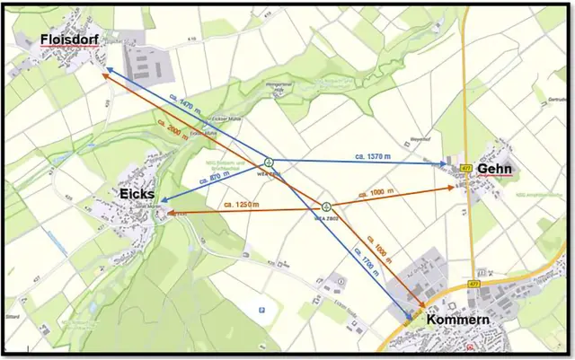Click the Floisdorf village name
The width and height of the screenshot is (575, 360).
68,39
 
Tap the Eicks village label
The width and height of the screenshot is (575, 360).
137,194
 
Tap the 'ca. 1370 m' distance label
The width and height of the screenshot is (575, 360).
368,157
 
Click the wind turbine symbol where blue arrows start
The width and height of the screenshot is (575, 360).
269,162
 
